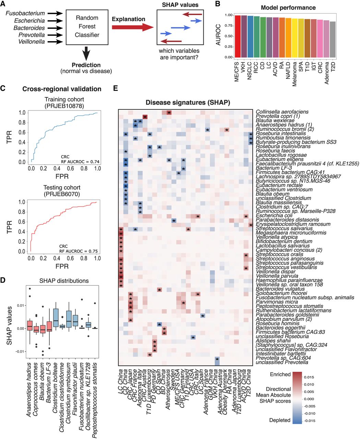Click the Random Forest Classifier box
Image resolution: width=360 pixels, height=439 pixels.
click(87, 26)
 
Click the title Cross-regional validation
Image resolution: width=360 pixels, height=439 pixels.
click(62, 89)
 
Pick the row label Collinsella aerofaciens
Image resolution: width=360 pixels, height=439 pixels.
click(282, 112)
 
